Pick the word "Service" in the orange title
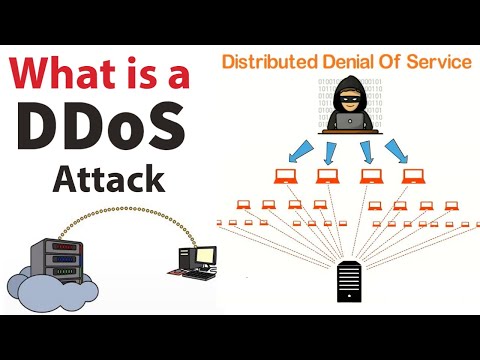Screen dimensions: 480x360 click(x=437, y=62)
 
